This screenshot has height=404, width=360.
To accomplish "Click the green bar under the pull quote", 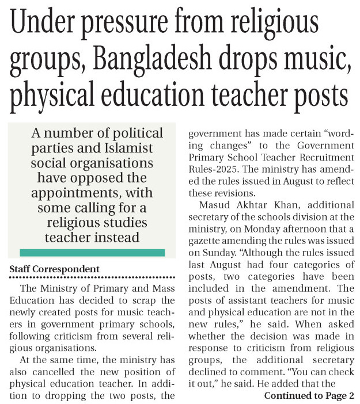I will (x=92, y=252).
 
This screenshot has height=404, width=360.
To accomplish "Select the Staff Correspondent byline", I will (x=54, y=269).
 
